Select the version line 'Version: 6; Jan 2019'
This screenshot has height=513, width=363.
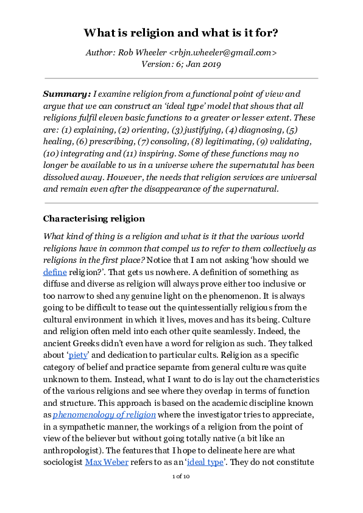click(181, 63)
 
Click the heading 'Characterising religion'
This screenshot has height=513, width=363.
click(93, 218)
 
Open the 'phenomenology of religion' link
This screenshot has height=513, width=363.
click(104, 414)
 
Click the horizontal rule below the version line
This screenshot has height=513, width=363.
click(181, 79)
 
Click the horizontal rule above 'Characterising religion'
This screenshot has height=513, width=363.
click(181, 203)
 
